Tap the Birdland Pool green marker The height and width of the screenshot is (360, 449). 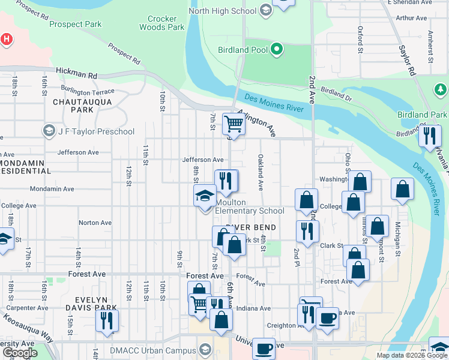pyautogui.click(x=277, y=49)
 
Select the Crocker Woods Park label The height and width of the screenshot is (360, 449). pyautogui.click(x=162, y=23)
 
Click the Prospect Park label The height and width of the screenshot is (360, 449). pyautogui.click(x=76, y=25)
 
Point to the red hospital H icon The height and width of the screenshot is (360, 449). pyautogui.click(x=6, y=39)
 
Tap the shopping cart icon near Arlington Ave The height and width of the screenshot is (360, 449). pyautogui.click(x=233, y=124)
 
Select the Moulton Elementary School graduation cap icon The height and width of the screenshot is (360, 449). pyautogui.click(x=205, y=196)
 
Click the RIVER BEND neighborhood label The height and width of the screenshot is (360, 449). pyautogui.click(x=251, y=227)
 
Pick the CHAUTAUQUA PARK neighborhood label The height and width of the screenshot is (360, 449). pyautogui.click(x=73, y=106)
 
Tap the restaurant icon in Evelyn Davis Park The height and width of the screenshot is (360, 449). pyautogui.click(x=107, y=320)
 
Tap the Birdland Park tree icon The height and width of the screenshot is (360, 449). pyautogui.click(x=440, y=89)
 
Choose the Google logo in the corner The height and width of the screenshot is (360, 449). pyautogui.click(x=20, y=352)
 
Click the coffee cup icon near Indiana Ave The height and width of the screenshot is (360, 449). pyautogui.click(x=327, y=318)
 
